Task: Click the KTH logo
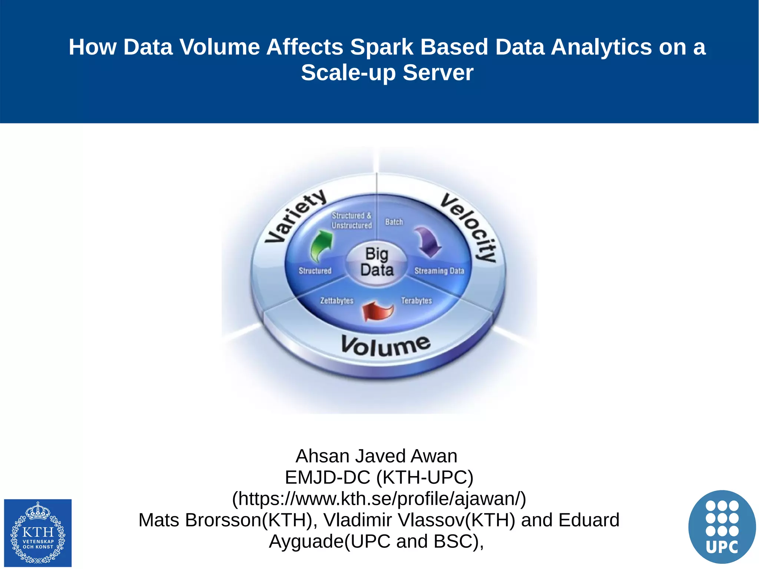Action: (x=38, y=532)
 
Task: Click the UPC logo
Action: (x=722, y=527)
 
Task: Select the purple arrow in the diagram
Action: (x=428, y=241)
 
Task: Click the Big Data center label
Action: (x=377, y=262)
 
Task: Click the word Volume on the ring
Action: (x=385, y=345)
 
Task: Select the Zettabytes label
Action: (x=337, y=300)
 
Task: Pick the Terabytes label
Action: (x=417, y=300)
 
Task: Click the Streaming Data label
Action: (x=439, y=271)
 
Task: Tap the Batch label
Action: (x=394, y=222)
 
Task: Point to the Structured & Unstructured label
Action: (x=351, y=221)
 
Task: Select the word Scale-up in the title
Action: (x=348, y=72)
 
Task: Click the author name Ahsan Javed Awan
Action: (x=376, y=456)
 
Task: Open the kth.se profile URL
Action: (x=379, y=499)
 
